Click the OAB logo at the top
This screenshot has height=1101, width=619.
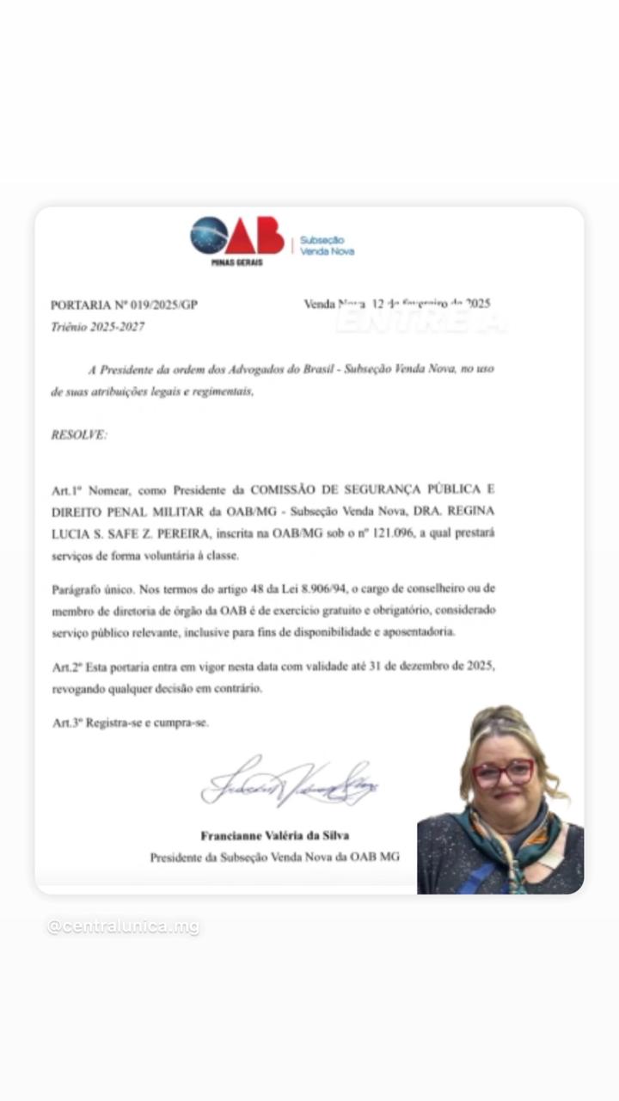[x=237, y=236]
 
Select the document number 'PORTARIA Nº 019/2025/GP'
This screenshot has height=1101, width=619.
[x=124, y=304]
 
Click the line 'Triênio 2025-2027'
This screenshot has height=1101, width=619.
[x=97, y=327]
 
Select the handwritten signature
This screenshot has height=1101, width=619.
[x=289, y=783]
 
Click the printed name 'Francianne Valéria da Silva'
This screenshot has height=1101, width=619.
[x=275, y=835]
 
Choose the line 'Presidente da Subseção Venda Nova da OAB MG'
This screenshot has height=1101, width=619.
[x=275, y=857]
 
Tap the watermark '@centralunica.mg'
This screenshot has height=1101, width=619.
[x=123, y=926]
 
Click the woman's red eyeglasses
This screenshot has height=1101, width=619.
[x=504, y=772]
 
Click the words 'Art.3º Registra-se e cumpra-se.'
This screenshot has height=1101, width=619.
[x=130, y=723]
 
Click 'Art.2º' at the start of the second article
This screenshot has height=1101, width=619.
[x=64, y=667]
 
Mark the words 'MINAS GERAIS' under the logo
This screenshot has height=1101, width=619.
[x=236, y=262]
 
